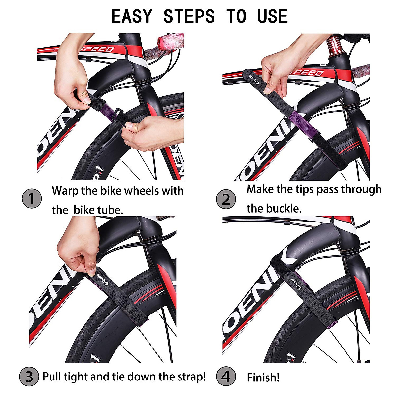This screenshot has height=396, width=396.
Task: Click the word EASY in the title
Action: pos(132,16)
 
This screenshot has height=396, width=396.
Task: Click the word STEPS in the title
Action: pos(189,16)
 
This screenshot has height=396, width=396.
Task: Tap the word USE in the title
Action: pos(273,16)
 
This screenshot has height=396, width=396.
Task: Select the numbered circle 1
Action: pos(32,199)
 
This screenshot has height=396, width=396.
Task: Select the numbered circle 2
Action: pos(226,200)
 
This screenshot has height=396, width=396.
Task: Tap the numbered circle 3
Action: pos(29,377)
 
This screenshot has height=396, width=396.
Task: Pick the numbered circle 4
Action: pos(226,377)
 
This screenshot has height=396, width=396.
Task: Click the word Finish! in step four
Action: pos(263,377)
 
